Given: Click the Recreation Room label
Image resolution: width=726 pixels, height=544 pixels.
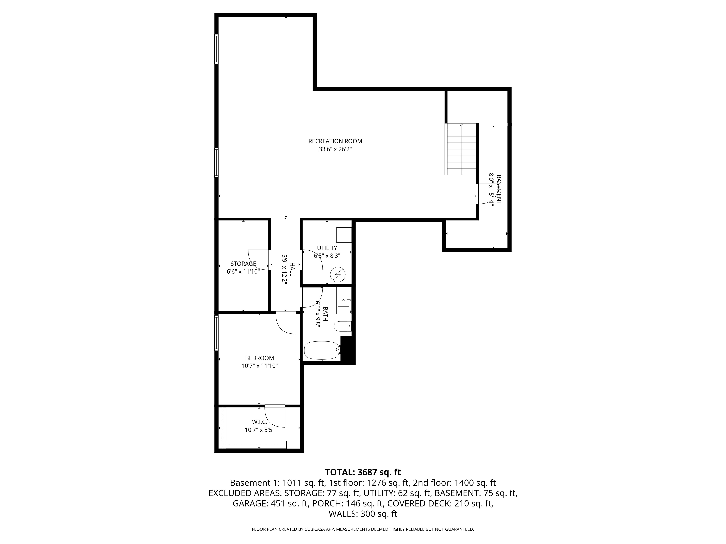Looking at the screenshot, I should pyautogui.click(x=335, y=141).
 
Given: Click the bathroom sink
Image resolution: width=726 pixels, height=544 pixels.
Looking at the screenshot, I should pyautogui.click(x=344, y=300).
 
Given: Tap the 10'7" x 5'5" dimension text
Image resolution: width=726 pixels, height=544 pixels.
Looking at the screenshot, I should pyautogui.click(x=259, y=430).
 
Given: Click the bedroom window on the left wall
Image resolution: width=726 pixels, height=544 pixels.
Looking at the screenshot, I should pyautogui.click(x=216, y=333).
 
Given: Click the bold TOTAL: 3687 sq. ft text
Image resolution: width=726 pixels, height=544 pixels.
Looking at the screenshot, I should pyautogui.click(x=363, y=472).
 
